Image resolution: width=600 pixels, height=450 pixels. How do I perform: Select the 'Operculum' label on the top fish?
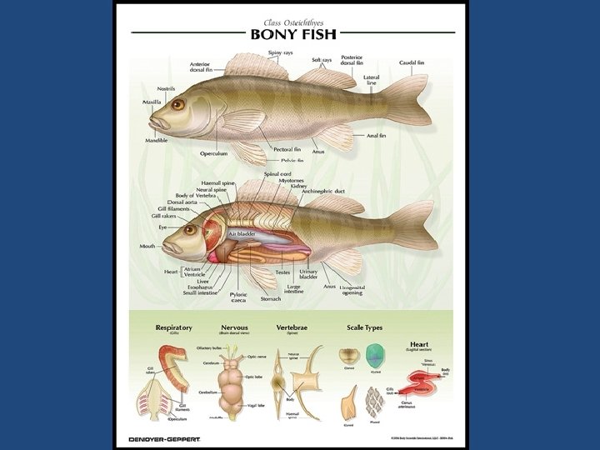coord(212,153)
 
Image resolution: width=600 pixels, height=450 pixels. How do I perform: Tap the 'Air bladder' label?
coord(242,235)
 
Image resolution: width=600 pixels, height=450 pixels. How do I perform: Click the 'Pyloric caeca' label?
coord(238,297)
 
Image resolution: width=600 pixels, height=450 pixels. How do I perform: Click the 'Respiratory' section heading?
coord(173,328)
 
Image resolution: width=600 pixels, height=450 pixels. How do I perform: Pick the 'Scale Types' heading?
coord(364,328)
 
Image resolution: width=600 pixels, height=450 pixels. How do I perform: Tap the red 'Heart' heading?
coord(419,343)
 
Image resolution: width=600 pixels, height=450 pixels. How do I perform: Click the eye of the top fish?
coord(177,104)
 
